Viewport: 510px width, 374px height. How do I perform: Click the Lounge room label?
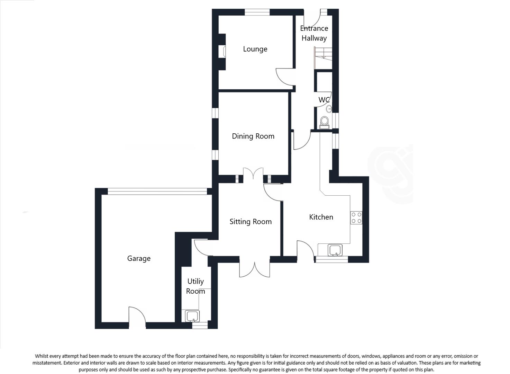[255, 49]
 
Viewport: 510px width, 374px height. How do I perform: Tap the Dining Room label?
[253, 136]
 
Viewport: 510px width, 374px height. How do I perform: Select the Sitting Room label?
[251, 222]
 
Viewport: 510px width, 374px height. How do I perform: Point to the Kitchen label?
[321, 217]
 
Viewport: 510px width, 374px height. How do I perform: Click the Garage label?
[139, 258]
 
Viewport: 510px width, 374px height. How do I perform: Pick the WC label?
[324, 100]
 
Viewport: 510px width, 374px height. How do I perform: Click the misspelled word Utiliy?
[195, 282]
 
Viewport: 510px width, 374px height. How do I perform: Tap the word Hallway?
[314, 38]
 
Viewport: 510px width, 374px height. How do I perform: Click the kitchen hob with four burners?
[356, 217]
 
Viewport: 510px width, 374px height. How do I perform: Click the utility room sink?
[192, 316]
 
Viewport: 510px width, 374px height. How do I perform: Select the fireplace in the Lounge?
[224, 52]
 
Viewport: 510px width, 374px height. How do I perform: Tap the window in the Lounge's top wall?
[257, 12]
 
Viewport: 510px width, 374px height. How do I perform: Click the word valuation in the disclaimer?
[402, 363]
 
